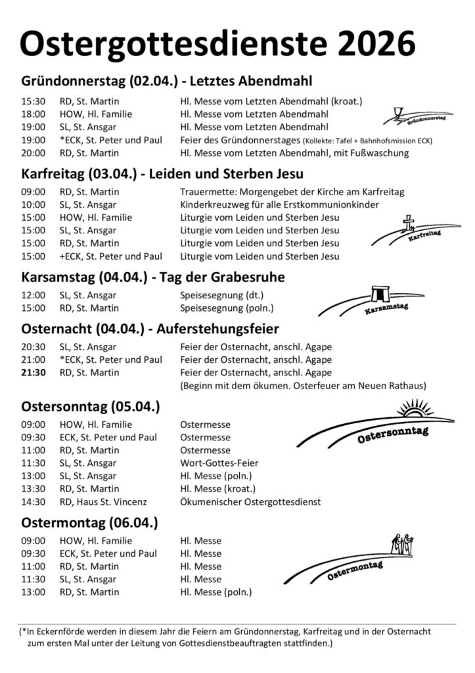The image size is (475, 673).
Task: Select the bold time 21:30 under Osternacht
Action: click(x=33, y=373)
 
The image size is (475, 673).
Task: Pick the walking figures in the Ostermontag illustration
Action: click(x=401, y=543)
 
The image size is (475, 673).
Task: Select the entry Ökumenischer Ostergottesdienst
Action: click(x=250, y=501)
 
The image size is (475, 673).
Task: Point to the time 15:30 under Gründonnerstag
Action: click(x=33, y=101)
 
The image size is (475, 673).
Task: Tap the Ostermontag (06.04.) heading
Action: click(x=89, y=523)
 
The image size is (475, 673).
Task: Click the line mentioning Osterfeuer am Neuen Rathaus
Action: click(x=304, y=385)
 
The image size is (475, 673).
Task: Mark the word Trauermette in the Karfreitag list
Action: click(x=205, y=191)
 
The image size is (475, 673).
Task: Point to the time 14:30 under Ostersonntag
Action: click(x=33, y=501)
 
